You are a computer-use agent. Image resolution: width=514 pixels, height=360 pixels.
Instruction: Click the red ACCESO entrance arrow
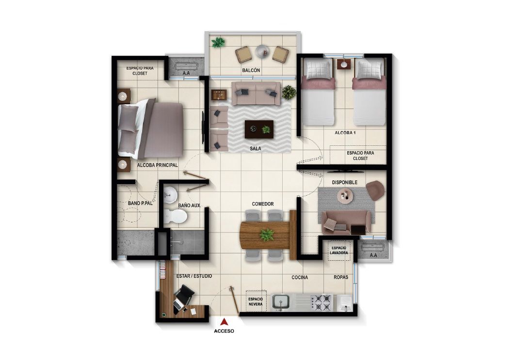[225, 321]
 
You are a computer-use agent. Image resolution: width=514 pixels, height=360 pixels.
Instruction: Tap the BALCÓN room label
[251, 71]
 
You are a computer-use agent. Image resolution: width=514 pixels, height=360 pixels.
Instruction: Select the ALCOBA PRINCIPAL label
[158, 165]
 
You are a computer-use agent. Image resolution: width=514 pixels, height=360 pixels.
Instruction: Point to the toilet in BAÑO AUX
[174, 216]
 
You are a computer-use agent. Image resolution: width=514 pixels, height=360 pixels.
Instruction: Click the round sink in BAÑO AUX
[170, 195]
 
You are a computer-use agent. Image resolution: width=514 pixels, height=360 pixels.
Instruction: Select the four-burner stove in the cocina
[321, 303]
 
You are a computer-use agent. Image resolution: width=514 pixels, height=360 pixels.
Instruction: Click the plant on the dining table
[266, 235]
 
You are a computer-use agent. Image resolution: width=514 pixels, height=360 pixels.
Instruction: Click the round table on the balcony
[262, 50]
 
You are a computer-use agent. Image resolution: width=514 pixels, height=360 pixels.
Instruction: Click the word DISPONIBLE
[344, 182]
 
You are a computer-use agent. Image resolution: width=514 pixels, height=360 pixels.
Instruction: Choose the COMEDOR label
[263, 204]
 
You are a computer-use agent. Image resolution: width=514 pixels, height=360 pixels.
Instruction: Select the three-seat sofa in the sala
[256, 94]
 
